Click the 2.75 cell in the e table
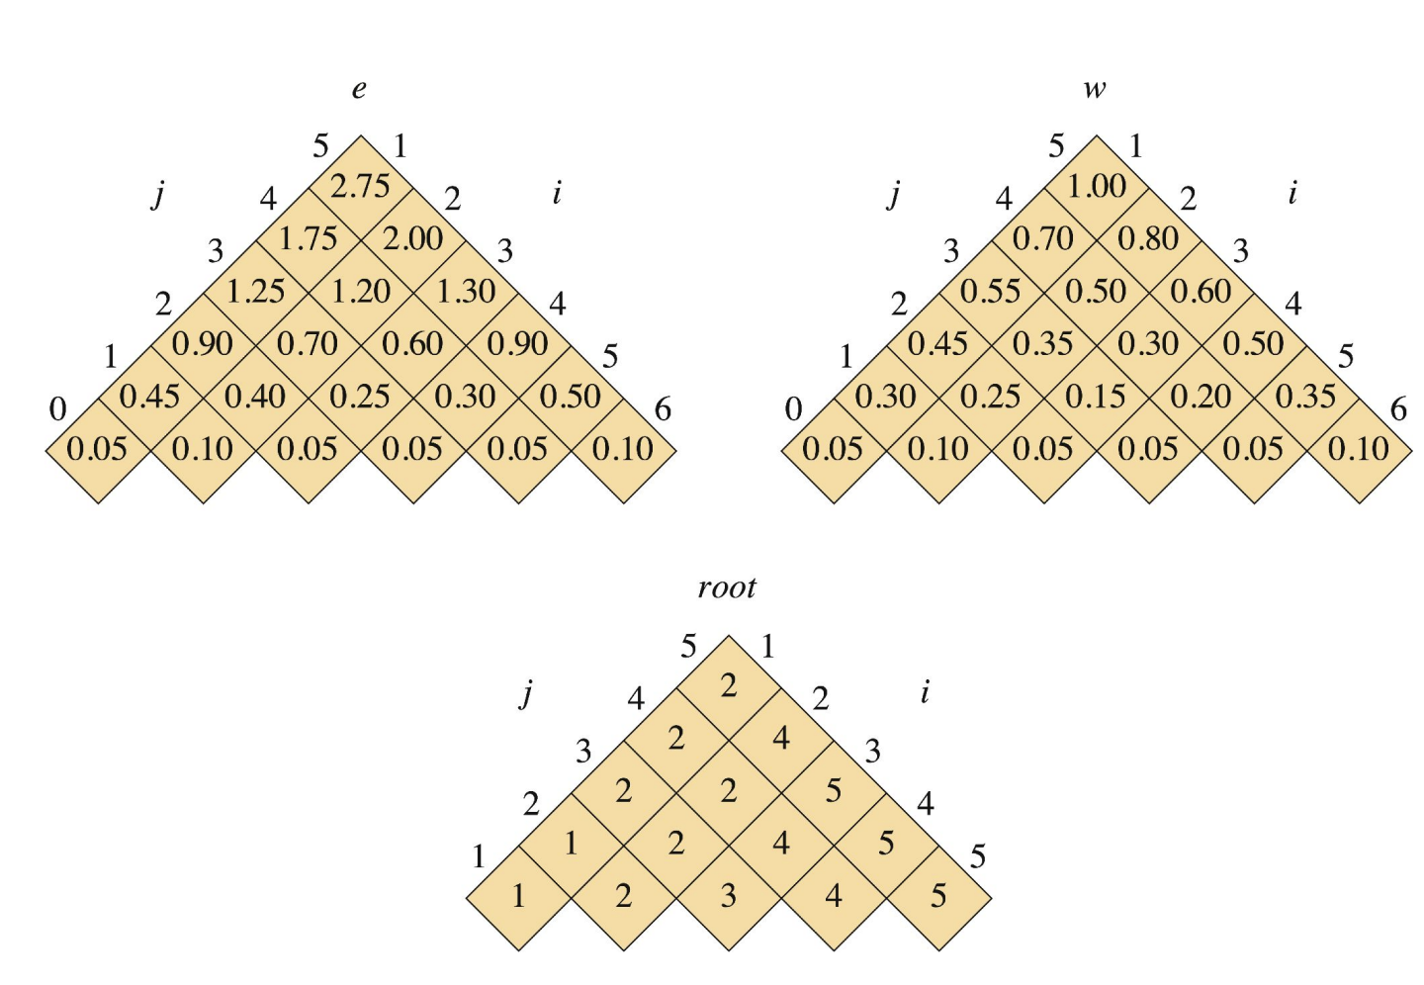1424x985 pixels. pos(360,186)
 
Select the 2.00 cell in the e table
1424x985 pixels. pos(412,238)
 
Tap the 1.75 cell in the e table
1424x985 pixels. pos(308,238)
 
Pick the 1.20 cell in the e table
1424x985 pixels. pos(360,291)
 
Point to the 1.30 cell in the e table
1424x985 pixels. pos(465,291)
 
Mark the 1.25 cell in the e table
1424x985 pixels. pos(255,291)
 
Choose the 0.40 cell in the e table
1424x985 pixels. pos(255,397)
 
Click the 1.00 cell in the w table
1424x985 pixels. pos(1096,186)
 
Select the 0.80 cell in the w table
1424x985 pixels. pos(1148,238)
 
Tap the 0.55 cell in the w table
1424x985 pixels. pos(991,291)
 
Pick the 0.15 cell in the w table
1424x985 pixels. pos(1096,397)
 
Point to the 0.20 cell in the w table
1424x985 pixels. pos(1201,397)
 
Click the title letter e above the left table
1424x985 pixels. pos(359,89)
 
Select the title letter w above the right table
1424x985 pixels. pos(1094,89)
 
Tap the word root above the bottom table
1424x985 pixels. pos(727,587)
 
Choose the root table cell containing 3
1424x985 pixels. pos(729,896)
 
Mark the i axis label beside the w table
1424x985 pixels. pos(1292,193)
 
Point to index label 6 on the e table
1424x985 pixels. pos(663,408)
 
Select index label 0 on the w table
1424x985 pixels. pos(793,408)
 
